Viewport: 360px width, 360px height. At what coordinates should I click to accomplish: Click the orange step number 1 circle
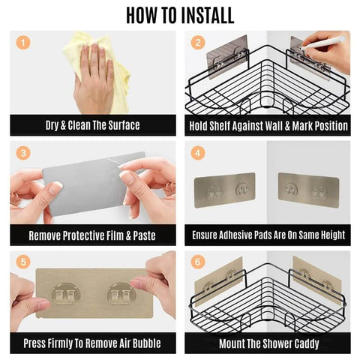(x=23, y=43)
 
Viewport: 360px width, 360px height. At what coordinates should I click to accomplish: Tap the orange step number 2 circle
(x=198, y=43)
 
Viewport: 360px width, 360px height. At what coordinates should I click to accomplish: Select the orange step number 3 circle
(x=23, y=153)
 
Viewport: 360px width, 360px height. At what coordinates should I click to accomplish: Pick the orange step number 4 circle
(x=198, y=153)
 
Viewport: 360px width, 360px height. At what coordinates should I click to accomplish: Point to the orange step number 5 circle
(x=23, y=262)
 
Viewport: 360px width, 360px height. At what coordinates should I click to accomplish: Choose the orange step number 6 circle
(x=198, y=262)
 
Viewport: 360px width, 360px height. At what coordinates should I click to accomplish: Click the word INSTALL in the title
(x=208, y=16)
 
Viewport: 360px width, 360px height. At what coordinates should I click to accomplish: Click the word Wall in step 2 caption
(x=273, y=126)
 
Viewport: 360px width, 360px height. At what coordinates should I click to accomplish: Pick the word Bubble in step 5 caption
(x=147, y=343)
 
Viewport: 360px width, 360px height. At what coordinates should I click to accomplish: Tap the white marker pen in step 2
(x=322, y=43)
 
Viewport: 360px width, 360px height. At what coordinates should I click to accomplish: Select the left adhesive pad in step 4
(x=224, y=190)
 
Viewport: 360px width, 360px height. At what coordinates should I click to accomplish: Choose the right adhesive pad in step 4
(x=309, y=190)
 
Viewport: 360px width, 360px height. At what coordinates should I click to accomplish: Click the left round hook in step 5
(x=66, y=294)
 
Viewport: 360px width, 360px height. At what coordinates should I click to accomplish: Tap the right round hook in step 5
(x=121, y=294)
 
